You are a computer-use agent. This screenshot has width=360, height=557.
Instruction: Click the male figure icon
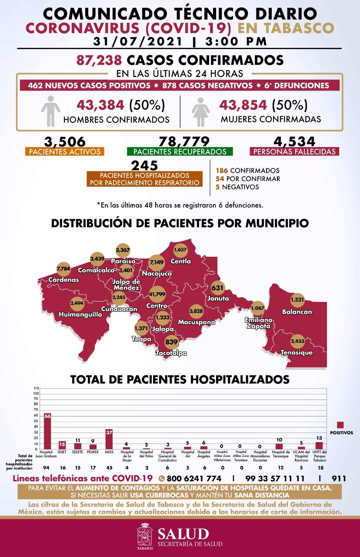click(50, 108)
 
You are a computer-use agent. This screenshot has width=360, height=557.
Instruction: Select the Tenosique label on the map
click(297, 352)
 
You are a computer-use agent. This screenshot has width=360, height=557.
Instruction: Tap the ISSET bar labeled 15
click(62, 445)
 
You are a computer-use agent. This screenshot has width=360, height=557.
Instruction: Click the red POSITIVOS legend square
click(340, 425)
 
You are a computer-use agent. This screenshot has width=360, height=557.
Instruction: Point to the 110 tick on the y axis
click(36, 388)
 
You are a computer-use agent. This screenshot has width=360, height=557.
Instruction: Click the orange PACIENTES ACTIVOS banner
click(65, 152)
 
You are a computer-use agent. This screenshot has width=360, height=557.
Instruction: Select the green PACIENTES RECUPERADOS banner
click(180, 152)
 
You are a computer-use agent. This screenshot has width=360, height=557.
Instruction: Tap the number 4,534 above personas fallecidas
click(294, 142)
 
